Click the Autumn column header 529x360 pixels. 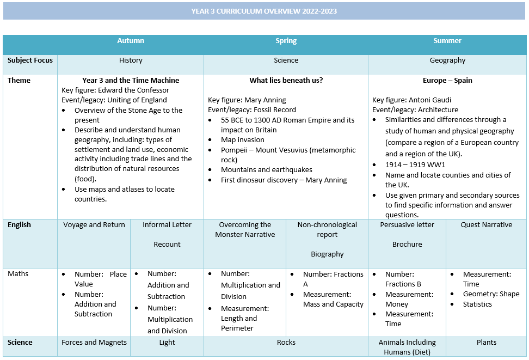pos(131,41)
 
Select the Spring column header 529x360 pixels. pos(286,41)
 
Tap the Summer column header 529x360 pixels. pos(447,41)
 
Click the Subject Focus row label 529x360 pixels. pos(30,60)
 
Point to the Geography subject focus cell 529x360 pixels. pos(447,60)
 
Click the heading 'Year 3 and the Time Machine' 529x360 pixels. pos(131,80)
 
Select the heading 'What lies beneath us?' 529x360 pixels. pos(286,80)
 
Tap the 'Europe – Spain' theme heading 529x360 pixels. pos(447,80)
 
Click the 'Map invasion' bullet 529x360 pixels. pos(243,140)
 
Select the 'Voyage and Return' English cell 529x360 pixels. pos(94,224)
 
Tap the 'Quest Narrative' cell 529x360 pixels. pos(486,224)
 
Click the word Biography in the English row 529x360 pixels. pos(327,254)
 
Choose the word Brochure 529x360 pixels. pos(407,244)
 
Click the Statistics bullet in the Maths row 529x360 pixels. pos(477,304)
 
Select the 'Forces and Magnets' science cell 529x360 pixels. pos(94,343)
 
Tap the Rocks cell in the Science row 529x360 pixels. pos(286,343)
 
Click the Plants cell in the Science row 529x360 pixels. pos(486,343)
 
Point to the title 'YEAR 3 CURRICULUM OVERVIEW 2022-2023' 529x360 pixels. pos(264,11)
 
